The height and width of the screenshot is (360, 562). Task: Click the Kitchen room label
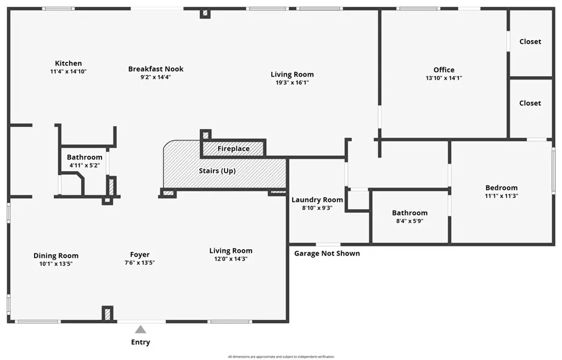click(x=68, y=63)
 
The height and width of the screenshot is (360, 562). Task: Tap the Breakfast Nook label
click(x=156, y=69)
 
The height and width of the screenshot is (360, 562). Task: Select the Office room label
click(x=443, y=70)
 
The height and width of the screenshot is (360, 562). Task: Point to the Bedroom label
click(x=501, y=188)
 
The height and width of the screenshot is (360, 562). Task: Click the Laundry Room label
click(x=317, y=200)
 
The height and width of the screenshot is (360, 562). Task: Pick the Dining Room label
click(x=56, y=255)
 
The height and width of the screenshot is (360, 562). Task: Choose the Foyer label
click(x=139, y=255)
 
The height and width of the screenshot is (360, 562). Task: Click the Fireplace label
click(x=233, y=149)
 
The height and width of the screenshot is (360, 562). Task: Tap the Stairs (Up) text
click(x=217, y=171)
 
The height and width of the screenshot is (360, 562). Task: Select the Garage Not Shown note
click(x=327, y=253)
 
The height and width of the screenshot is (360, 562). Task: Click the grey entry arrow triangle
click(x=140, y=329)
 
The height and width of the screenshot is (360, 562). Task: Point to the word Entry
click(x=140, y=342)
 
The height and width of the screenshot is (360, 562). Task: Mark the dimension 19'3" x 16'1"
click(x=292, y=83)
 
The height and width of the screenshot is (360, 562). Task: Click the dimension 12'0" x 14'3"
click(x=231, y=259)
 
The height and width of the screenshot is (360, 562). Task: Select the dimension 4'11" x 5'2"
click(x=85, y=165)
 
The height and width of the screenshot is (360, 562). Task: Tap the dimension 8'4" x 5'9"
click(x=409, y=221)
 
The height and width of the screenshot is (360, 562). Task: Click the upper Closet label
click(x=530, y=41)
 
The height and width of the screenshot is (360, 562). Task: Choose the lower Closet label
click(x=530, y=103)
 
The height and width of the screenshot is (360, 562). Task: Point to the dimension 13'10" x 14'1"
click(x=443, y=78)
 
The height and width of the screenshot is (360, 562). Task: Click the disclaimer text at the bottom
click(x=281, y=357)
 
